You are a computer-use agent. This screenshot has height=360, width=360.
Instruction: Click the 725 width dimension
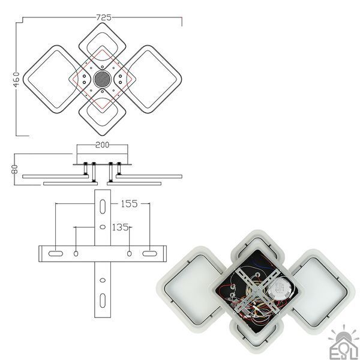tap(103, 17)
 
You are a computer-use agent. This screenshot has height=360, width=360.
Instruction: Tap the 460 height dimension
tap(16, 79)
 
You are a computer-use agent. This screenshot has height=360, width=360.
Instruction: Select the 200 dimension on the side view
tap(102, 145)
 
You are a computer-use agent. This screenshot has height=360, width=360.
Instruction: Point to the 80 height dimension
tap(15, 169)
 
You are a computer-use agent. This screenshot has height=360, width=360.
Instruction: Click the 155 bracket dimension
tap(129, 203)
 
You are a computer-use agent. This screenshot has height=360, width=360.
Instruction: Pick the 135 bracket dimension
tap(120, 227)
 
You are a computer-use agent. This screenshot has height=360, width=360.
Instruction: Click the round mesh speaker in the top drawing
tap(103, 79)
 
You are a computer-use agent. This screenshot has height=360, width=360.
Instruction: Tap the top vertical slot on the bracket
tap(103, 206)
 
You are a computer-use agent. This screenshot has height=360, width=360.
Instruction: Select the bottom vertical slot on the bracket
tap(103, 301)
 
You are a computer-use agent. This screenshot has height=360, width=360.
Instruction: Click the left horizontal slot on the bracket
tap(56, 253)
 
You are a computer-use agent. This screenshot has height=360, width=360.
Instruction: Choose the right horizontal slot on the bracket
tap(149, 253)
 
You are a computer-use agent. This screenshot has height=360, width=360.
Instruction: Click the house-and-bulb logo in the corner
tap(343, 343)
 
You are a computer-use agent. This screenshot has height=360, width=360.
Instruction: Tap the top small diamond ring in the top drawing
tap(103, 23)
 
